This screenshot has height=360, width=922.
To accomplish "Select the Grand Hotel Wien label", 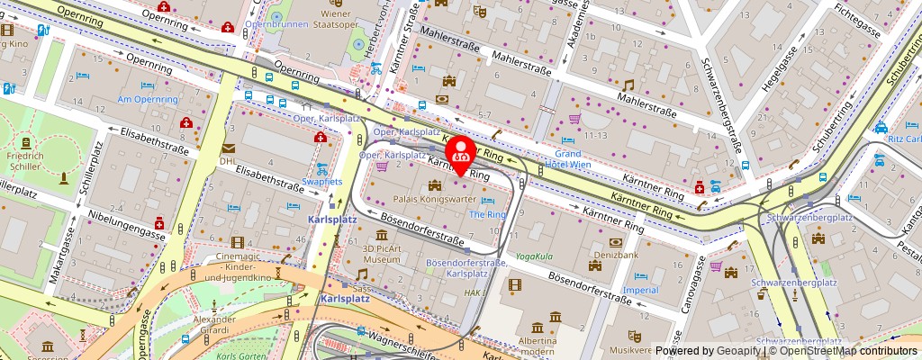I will (x=568, y=159).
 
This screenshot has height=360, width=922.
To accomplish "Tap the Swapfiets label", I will (x=322, y=182).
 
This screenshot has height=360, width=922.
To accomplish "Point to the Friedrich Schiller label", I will (x=24, y=161).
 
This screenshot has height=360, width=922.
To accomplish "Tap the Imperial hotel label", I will (x=640, y=290).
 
